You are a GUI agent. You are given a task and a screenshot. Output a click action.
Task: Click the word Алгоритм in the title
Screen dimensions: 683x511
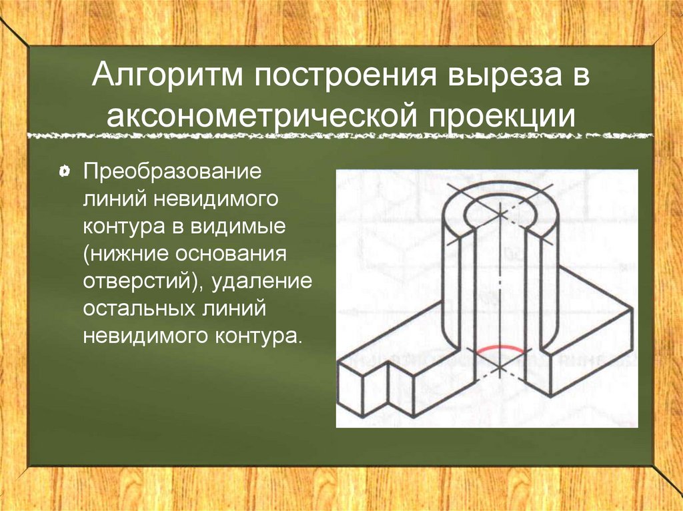click(167, 75)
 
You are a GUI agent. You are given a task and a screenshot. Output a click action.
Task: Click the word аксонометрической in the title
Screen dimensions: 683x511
click(263, 116)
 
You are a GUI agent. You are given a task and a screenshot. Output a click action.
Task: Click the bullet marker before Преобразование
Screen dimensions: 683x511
click(63, 171)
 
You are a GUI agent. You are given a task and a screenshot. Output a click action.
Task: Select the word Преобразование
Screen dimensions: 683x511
click(172, 171)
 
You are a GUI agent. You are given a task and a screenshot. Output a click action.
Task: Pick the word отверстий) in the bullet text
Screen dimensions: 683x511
click(144, 282)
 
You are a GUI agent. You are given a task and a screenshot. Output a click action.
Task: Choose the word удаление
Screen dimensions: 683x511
click(263, 282)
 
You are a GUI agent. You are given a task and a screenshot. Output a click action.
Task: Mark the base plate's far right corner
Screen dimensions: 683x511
click(633, 308)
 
